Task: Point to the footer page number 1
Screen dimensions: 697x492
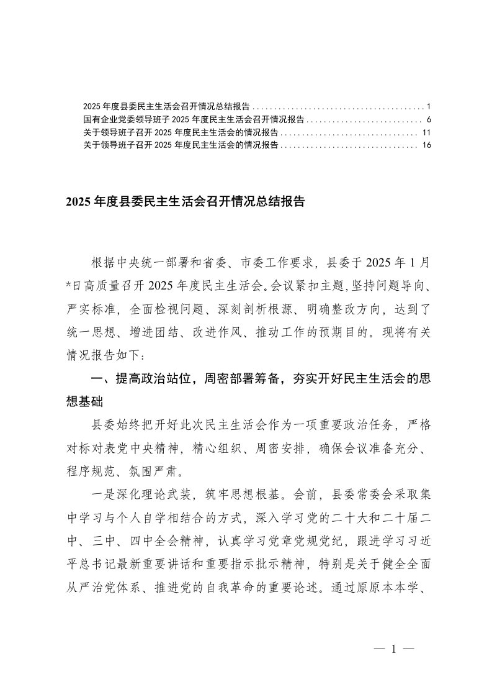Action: (393, 649)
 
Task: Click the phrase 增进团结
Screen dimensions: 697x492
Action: (162, 332)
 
